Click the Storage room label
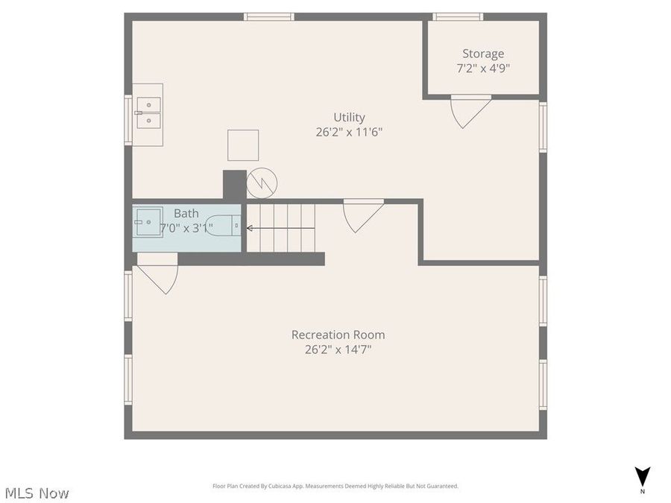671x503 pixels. point(482,54)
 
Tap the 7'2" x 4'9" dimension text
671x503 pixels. point(482,68)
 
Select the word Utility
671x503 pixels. point(349,117)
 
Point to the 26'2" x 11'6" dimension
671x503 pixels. point(349,132)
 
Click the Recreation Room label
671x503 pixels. point(338,335)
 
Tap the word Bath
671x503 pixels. point(186,213)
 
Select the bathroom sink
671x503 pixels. point(148,222)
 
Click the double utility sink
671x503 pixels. point(148,114)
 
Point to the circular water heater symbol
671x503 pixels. point(262,183)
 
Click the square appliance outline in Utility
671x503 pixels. point(243,145)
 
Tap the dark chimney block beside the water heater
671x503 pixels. point(234,185)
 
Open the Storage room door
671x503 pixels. point(470,110)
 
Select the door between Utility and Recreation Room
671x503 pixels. point(363,214)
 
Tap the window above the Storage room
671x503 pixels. point(458,16)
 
